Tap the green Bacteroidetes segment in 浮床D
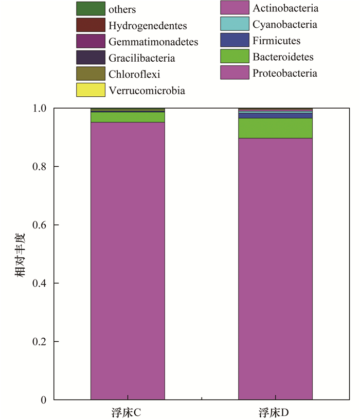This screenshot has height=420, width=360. (275, 128)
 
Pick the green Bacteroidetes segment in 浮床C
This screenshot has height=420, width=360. (128, 117)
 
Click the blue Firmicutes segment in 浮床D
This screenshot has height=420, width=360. (275, 115)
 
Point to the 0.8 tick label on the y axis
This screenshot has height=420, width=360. (39, 167)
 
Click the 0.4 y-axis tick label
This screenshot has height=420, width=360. (39, 284)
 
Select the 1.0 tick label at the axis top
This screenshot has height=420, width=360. (39, 109)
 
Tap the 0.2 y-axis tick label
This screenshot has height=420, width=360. (39, 342)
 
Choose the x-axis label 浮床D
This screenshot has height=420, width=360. (275, 412)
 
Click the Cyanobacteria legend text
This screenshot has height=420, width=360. (285, 24)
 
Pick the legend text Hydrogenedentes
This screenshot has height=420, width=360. (148, 25)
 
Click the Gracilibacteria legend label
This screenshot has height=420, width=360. (141, 58)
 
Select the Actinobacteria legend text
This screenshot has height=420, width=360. (285, 8)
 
